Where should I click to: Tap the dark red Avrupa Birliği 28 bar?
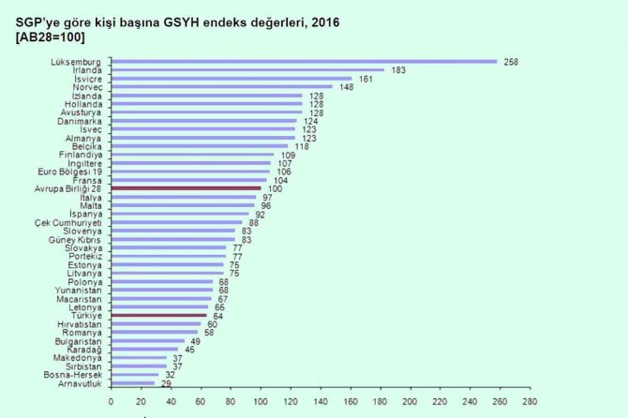(186, 188)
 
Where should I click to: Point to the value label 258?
(511, 62)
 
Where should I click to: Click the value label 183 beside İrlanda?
(398, 70)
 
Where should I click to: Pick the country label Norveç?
(87, 87)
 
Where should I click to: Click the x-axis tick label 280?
(530, 401)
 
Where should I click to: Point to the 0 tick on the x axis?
(112, 401)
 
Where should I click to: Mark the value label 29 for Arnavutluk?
(165, 383)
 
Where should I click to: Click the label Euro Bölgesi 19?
(69, 172)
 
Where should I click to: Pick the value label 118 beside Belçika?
(301, 146)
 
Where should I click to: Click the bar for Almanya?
(202, 138)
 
